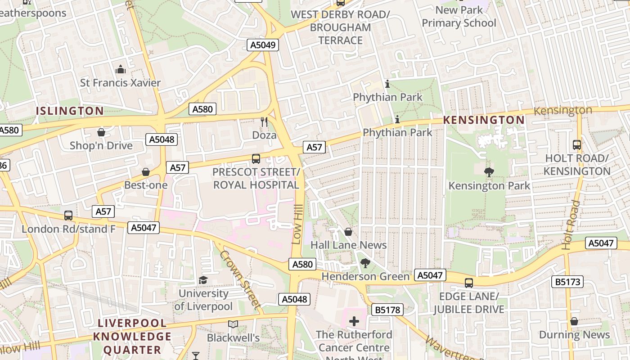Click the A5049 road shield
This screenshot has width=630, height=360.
pyautogui.click(x=263, y=45)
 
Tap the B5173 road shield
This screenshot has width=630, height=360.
pyautogui.click(x=567, y=282)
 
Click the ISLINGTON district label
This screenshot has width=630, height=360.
pyautogui.click(x=70, y=111)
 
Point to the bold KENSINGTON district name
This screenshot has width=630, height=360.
pyautogui.click(x=484, y=120)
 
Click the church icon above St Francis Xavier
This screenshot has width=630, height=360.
pyautogui.click(x=121, y=69)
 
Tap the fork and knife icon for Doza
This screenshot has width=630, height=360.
pyautogui.click(x=264, y=121)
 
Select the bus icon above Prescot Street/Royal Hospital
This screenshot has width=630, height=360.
pyautogui.click(x=256, y=158)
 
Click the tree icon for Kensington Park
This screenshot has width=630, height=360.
pyautogui.click(x=489, y=172)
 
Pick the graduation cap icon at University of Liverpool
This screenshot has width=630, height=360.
pyautogui.click(x=203, y=280)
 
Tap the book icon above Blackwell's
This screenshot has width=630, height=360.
pyautogui.click(x=233, y=324)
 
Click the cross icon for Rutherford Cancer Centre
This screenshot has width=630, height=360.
pyautogui.click(x=354, y=321)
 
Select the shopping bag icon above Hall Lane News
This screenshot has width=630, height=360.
pyautogui.click(x=348, y=232)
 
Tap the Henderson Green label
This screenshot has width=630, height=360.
pyautogui.click(x=365, y=276)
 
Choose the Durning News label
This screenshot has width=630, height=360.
pyautogui.click(x=574, y=335)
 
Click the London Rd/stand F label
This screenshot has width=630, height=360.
pyautogui.click(x=68, y=229)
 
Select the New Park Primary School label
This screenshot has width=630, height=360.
pyautogui.click(x=459, y=17)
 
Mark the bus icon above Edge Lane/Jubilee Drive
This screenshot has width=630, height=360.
pyautogui.click(x=469, y=283)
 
